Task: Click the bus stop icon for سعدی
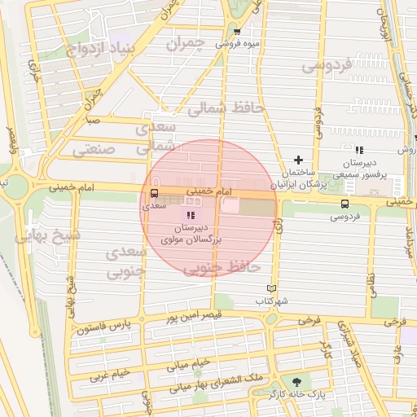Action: point(155,193)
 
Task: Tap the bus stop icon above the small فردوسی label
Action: point(345,204)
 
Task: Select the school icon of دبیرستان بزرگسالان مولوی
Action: point(191,215)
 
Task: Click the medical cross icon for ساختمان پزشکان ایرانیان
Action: point(298,160)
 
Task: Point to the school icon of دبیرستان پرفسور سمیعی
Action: point(359,149)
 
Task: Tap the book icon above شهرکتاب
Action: point(271,288)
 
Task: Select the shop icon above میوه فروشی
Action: point(237,32)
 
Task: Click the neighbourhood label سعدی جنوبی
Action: point(126,261)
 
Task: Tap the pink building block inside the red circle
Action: point(230,207)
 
